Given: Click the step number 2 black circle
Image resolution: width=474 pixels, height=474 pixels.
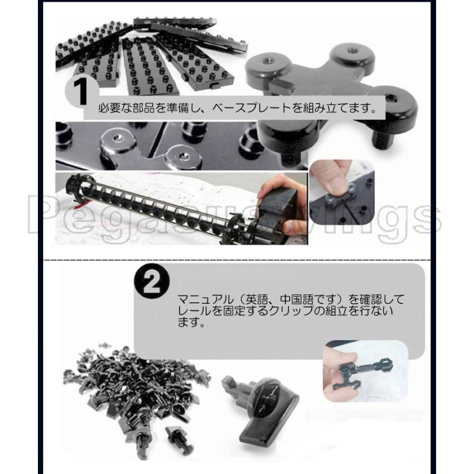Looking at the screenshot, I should point(153,284).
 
